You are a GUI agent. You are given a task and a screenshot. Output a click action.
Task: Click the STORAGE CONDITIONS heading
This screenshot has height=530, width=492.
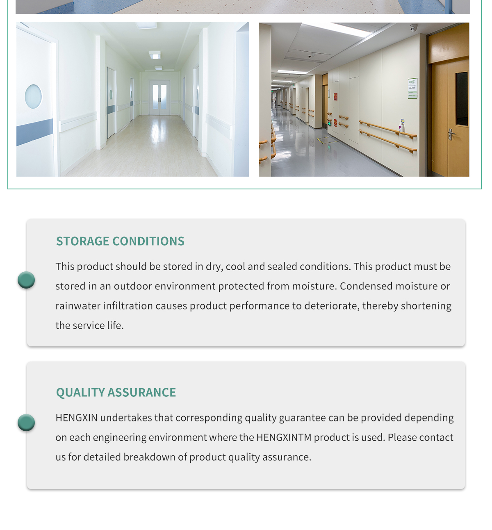[120, 241]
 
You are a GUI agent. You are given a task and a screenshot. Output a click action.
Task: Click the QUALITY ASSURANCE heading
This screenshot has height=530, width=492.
[116, 392]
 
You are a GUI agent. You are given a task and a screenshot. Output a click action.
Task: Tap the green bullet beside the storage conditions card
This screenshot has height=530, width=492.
[26, 280]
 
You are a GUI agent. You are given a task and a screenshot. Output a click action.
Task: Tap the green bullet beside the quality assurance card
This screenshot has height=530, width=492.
[26, 423]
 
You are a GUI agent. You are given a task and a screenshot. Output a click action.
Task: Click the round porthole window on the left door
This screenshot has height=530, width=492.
[33, 97]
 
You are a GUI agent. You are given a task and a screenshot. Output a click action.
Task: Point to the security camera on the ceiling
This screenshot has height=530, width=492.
[413, 28]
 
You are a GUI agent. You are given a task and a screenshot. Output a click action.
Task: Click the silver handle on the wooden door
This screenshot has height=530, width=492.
[451, 134]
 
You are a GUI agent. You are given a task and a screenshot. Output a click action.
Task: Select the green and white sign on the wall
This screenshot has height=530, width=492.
[412, 88]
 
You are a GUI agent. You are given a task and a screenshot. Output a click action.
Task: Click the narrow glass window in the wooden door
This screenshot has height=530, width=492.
[462, 99]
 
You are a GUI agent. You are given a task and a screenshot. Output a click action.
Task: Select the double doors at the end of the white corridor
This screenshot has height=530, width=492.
[159, 98]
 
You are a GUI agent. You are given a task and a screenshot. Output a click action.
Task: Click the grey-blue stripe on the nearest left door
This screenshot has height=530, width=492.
[34, 132]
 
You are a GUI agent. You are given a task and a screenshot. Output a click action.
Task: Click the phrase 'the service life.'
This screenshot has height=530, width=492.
[89, 325]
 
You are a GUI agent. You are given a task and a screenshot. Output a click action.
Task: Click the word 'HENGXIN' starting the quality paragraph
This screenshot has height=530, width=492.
[77, 418]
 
